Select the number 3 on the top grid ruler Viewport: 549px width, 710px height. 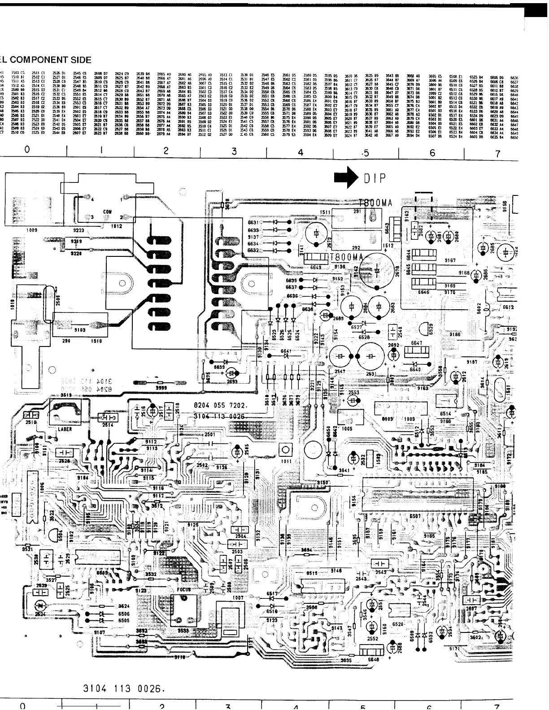234,152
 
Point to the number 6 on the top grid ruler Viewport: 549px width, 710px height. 432,153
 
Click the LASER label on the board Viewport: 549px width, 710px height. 65,429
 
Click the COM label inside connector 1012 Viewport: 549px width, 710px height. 107,212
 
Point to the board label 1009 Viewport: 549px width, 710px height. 31,230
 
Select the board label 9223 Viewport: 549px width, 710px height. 78,230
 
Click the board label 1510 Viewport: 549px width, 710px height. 97,341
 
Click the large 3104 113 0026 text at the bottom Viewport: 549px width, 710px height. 122,688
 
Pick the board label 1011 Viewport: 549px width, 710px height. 286,461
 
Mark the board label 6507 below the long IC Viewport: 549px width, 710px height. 415,516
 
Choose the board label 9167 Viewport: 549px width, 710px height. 450,260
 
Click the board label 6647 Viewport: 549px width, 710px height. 417,343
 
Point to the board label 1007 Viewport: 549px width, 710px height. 237,598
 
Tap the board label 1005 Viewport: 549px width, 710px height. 347,428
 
